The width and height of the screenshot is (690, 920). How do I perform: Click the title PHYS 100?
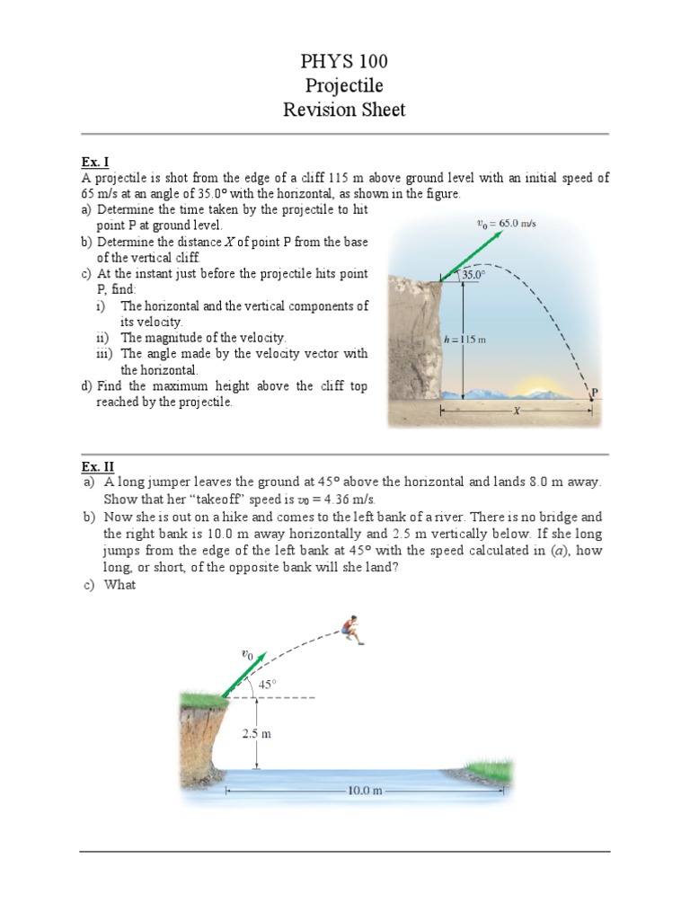coord(344,62)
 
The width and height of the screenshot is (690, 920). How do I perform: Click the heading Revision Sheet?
coord(344,110)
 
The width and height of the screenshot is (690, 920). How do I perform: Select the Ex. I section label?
coord(94,163)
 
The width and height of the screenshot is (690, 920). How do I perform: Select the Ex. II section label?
coord(96,466)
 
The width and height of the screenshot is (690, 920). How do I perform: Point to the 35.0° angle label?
coord(473,276)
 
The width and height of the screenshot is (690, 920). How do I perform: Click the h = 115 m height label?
coord(465,340)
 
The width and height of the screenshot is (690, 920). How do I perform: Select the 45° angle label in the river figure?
coord(267,684)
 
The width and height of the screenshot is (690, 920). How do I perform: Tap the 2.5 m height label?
coord(256,733)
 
